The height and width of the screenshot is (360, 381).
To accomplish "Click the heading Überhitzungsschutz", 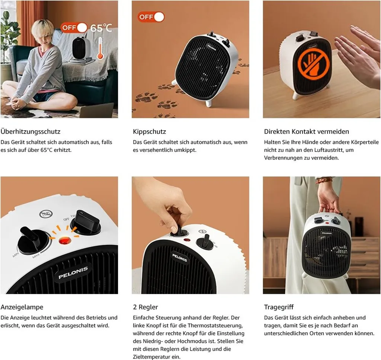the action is tap(31, 132).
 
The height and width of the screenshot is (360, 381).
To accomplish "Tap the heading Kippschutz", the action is tap(150, 132).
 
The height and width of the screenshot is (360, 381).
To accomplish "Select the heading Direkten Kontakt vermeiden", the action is tap(307, 132).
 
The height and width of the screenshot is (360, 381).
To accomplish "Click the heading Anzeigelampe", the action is tap(22, 307).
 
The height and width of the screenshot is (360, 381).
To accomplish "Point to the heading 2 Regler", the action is tap(145, 307).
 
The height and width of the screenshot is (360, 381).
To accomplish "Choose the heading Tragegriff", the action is tap(279, 307).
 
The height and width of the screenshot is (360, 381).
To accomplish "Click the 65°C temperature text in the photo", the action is tap(101, 28).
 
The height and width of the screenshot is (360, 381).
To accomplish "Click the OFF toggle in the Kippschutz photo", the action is tap(151, 17).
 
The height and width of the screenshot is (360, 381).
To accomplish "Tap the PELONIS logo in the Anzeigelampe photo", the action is tap(73, 273).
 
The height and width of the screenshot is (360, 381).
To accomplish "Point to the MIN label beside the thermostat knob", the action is tap(16, 255).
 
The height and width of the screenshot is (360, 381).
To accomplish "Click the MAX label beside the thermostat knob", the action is tap(36, 256).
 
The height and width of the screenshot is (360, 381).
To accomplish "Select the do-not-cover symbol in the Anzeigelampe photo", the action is tap(46, 214).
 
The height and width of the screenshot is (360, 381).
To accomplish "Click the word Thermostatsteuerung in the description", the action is tap(215, 325).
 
